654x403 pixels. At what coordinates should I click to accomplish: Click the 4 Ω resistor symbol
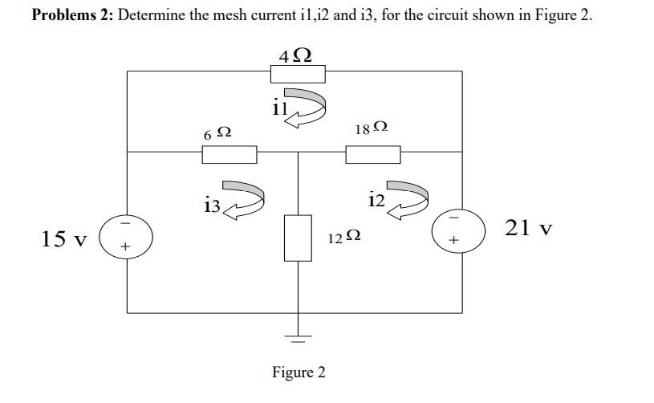[x=298, y=74]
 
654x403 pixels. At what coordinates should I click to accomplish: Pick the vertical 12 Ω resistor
[x=298, y=238]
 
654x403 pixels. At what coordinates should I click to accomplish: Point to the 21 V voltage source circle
[x=458, y=229]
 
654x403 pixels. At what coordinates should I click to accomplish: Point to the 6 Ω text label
[x=217, y=134]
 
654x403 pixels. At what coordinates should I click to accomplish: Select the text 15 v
[x=63, y=238]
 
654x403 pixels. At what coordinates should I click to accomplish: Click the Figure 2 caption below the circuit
[x=299, y=372]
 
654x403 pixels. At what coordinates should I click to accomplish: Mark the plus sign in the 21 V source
[x=454, y=239]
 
